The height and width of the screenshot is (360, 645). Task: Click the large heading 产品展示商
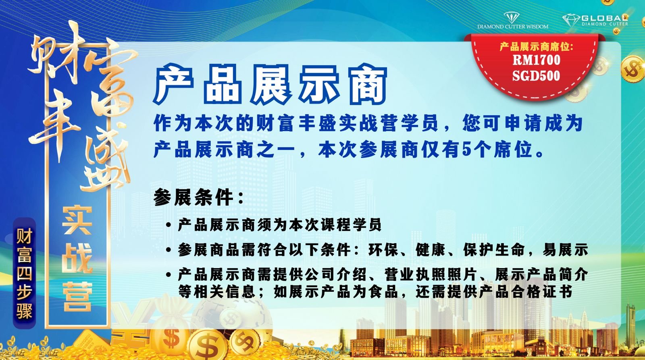(270, 84)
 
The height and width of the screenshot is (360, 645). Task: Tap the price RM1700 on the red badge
(537, 60)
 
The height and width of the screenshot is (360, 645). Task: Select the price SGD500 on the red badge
(536, 75)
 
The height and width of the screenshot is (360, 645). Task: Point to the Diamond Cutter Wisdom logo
(512, 21)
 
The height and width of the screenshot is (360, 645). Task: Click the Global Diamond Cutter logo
(595, 20)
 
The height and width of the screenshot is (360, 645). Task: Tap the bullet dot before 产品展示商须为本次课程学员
(169, 225)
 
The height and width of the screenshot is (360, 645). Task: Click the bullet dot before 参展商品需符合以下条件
(169, 250)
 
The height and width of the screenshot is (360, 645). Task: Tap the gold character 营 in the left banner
(77, 297)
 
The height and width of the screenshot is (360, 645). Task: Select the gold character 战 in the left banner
(77, 258)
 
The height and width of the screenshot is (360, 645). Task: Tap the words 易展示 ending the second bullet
(565, 250)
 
